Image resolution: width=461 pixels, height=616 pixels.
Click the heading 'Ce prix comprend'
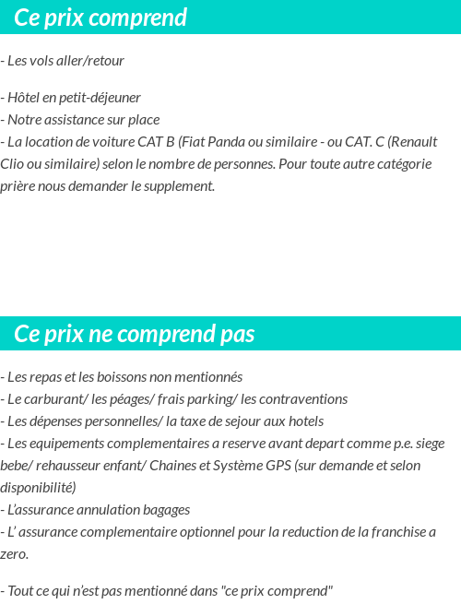point(100,18)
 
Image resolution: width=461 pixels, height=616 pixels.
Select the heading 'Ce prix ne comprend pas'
point(135,334)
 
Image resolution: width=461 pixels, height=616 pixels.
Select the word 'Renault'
point(413,142)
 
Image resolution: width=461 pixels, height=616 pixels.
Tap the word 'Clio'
point(13,164)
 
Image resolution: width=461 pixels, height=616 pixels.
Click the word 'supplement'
point(179,186)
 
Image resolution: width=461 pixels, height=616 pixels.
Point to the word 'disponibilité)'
point(38,488)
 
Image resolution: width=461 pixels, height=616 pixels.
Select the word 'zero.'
point(14,554)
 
